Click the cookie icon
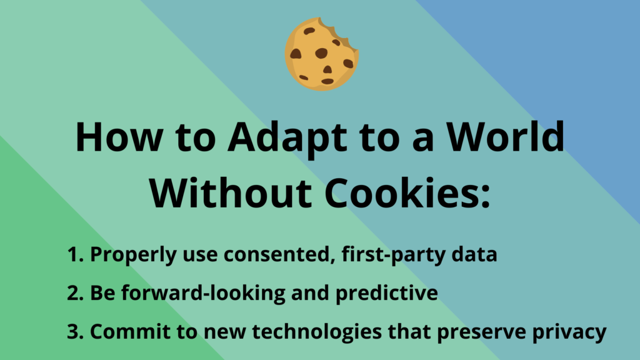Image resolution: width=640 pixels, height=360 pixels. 322,54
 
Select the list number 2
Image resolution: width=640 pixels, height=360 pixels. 76,292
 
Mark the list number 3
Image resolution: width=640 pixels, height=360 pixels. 76,331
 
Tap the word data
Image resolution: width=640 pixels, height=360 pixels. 474,254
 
